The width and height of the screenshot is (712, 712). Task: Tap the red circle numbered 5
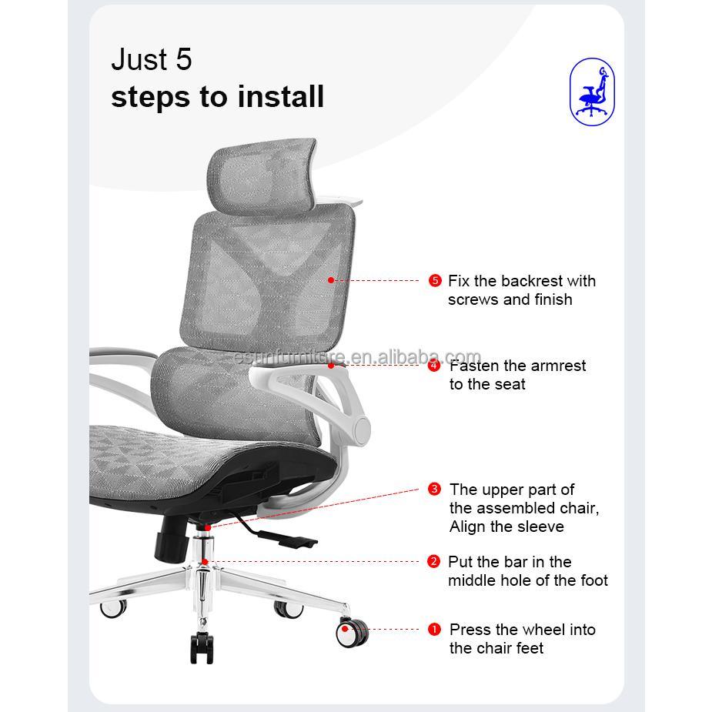click(435, 281)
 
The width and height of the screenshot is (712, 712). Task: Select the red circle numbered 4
click(435, 366)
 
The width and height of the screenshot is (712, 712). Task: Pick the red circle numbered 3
click(435, 490)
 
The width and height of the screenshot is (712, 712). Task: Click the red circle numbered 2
click(434, 562)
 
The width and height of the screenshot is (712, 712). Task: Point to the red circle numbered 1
click(435, 630)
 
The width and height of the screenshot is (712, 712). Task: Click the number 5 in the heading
click(183, 60)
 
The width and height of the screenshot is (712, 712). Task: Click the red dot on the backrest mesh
click(331, 280)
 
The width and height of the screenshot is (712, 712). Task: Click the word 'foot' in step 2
click(591, 580)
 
